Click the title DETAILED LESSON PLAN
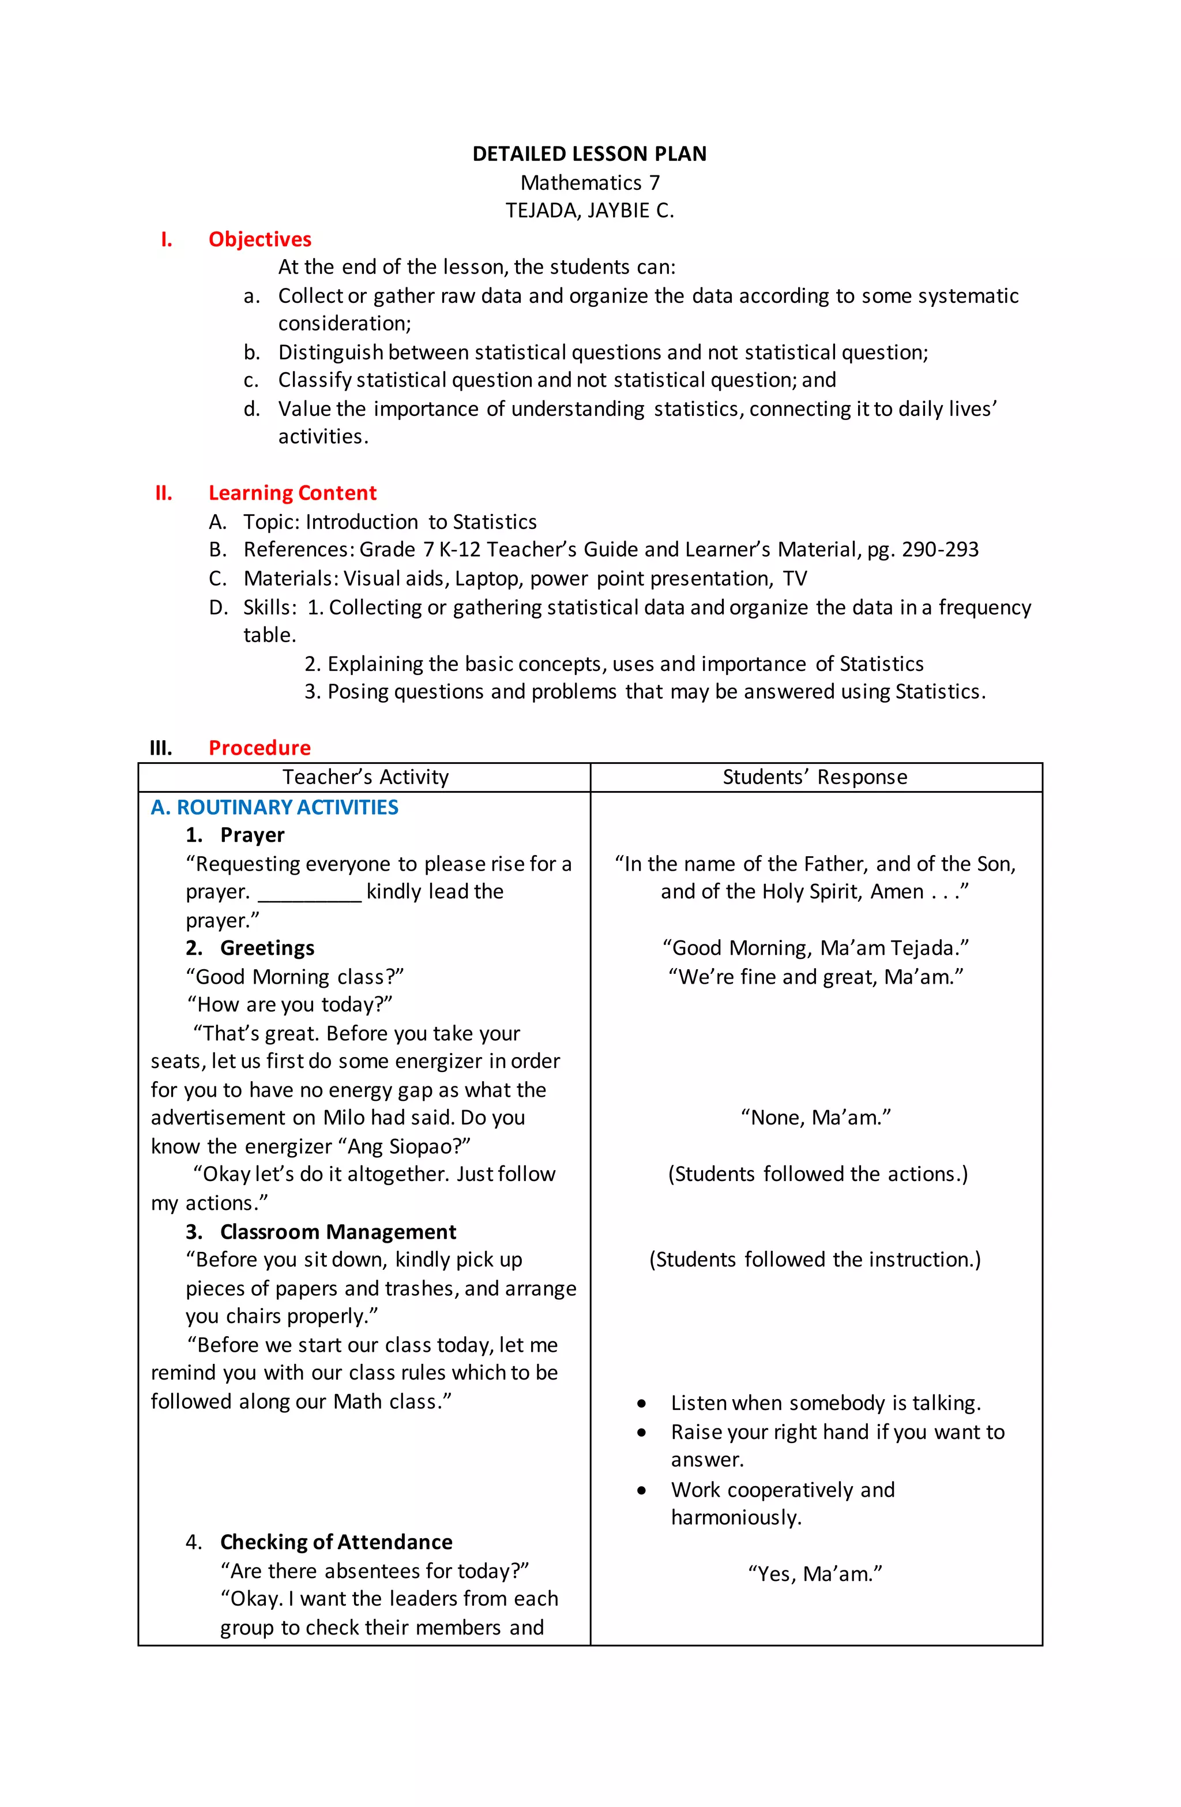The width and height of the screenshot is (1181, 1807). tap(589, 154)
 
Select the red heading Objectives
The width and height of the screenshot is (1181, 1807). tap(259, 239)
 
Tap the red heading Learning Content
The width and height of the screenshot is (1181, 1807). tap(292, 493)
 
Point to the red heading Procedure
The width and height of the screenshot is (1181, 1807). tap(259, 748)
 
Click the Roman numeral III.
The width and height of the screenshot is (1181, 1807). tap(161, 748)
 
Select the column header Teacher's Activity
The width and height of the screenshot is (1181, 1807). tap(365, 777)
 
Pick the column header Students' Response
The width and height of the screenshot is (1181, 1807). tap(814, 777)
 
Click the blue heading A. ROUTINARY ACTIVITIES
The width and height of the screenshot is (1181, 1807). tap(274, 807)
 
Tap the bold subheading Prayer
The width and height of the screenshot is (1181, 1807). tap(252, 835)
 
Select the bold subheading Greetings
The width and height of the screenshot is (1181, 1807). tap(266, 949)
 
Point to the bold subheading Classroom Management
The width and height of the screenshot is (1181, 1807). tap(338, 1231)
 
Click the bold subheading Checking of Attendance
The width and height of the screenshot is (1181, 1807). tap(336, 1542)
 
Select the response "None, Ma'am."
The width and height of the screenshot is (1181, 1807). tap(815, 1118)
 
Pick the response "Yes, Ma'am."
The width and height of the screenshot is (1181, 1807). tap(815, 1574)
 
